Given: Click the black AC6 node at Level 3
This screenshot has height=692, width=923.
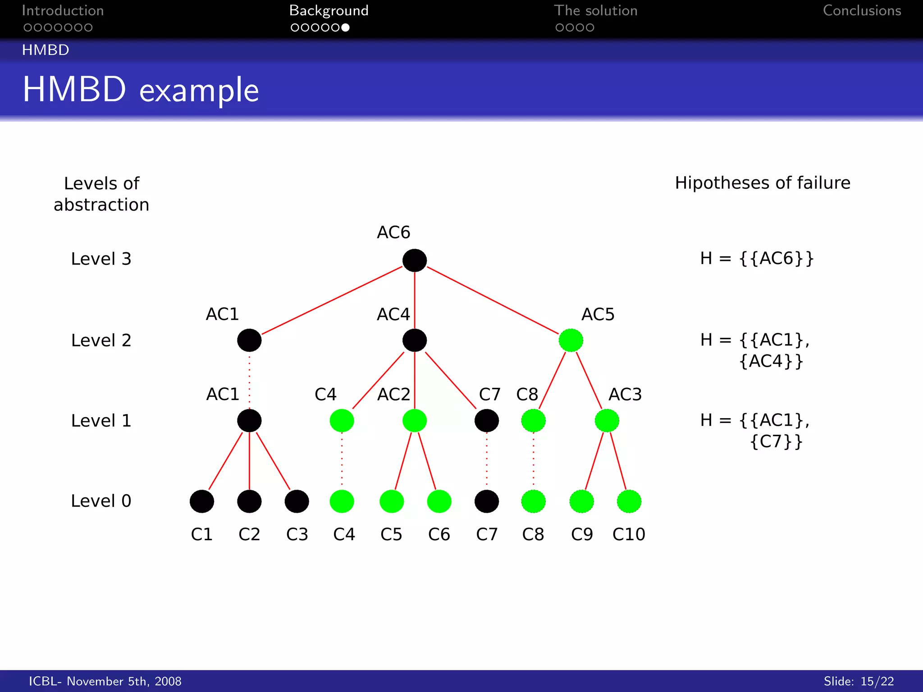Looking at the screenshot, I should point(414,260).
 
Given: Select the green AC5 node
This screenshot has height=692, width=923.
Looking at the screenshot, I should point(571,340).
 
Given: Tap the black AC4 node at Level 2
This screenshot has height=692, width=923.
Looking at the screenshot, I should point(414,340).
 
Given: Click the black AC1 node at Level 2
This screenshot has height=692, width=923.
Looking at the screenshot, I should point(249,340).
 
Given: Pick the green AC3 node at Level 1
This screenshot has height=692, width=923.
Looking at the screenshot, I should point(607,420).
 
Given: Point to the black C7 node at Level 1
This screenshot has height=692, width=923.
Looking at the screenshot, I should point(486,420).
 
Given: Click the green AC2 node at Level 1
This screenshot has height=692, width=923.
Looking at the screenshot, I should point(414,420).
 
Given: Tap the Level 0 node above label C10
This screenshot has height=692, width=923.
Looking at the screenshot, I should point(629,501).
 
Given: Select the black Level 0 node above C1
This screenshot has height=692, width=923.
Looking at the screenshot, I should point(201,501).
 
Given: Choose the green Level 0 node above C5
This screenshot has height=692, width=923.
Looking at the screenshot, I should point(391,501).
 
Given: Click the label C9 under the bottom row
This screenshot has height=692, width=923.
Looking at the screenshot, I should point(582,534).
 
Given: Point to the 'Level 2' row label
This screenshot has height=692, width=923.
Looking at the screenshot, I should point(101,340).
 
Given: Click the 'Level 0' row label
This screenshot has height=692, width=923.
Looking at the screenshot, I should point(101,501).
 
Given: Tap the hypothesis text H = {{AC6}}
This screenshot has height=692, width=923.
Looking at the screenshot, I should point(757,259).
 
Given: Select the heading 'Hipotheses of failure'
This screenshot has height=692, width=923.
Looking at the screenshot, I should point(763,183).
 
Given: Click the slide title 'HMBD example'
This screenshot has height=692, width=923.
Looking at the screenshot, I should point(141,89).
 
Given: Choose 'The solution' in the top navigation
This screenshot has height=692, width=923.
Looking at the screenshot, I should point(595,11).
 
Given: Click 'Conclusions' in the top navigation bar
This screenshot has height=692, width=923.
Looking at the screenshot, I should point(862,11).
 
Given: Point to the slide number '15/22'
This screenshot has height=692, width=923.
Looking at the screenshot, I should point(877,681).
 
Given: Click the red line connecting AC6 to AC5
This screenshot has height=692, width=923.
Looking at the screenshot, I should point(493,300).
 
